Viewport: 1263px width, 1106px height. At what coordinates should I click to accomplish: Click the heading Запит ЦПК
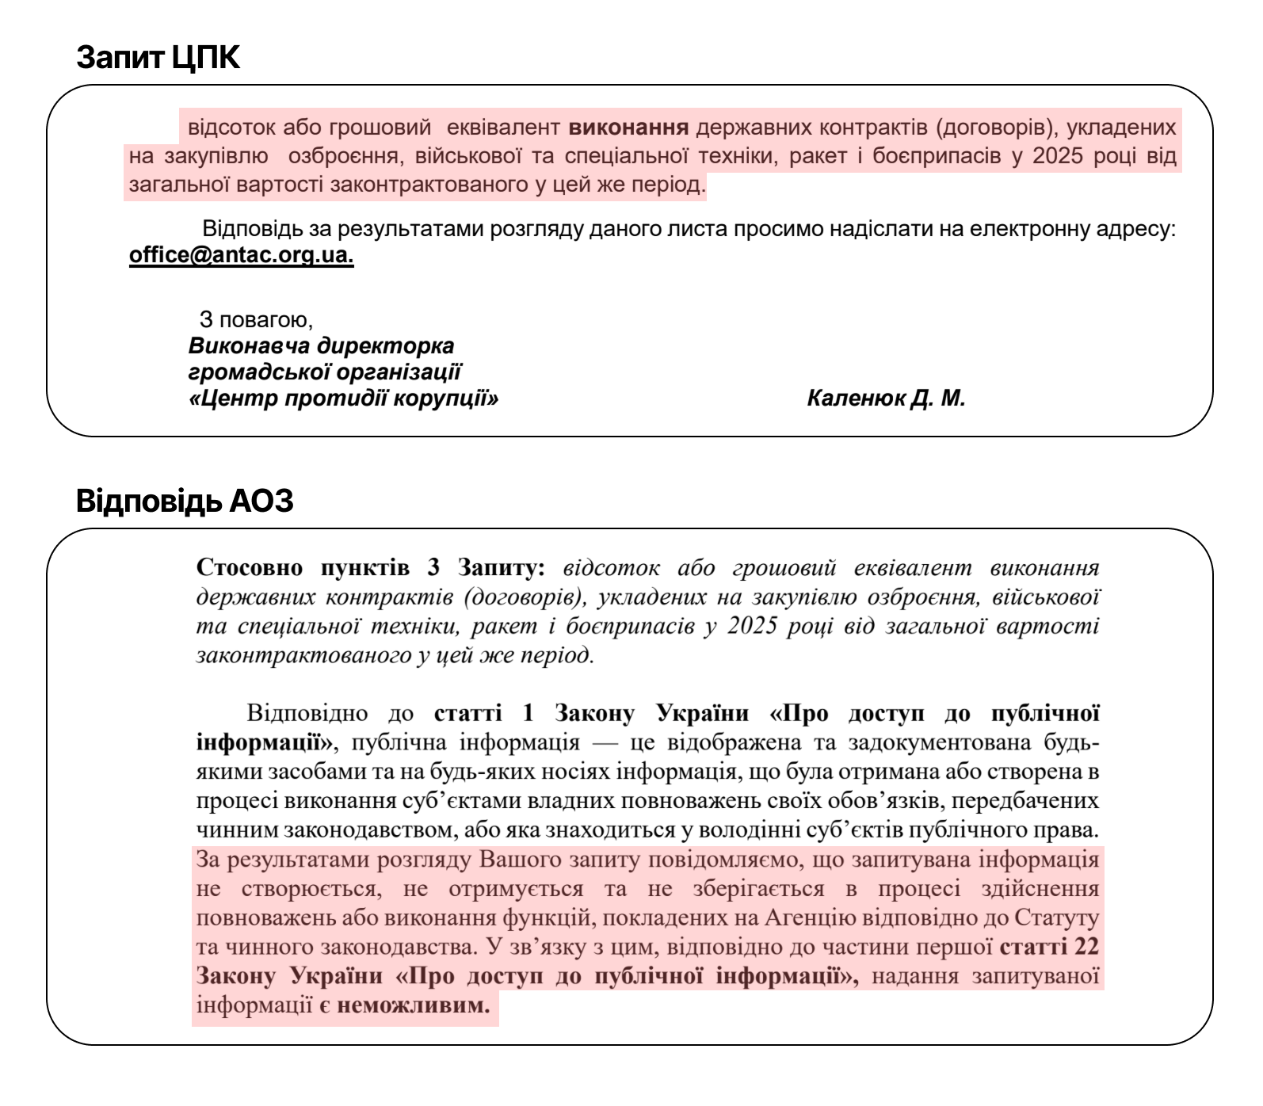point(158,58)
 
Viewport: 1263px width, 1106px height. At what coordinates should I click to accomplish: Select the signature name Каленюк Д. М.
point(886,398)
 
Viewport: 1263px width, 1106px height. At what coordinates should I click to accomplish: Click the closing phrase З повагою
point(256,320)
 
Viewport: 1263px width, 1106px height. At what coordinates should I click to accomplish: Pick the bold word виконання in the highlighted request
point(629,128)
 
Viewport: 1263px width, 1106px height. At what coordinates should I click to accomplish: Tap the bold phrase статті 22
point(1049,948)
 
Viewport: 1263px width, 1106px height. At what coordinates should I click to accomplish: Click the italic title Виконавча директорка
point(322,346)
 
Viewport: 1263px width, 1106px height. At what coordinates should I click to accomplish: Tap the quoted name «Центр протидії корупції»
point(344,398)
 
